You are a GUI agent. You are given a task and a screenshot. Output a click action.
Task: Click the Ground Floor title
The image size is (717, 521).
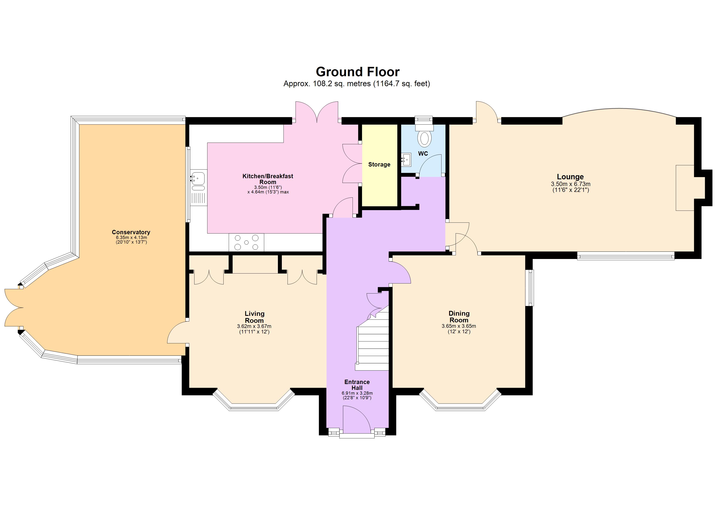tap(358, 72)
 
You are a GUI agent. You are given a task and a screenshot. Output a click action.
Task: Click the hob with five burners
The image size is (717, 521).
tap(246, 242)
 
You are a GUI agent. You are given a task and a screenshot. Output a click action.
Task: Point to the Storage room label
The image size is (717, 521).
tap(379, 164)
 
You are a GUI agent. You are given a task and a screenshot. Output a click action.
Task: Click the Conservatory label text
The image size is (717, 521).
tap(131, 232)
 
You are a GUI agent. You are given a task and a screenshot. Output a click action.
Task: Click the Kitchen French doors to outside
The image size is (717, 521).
tap(317, 112)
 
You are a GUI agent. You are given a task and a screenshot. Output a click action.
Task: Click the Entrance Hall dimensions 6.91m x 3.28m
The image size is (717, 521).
tap(357, 393)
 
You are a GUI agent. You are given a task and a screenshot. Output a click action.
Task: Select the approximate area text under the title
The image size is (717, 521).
tap(357, 84)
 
